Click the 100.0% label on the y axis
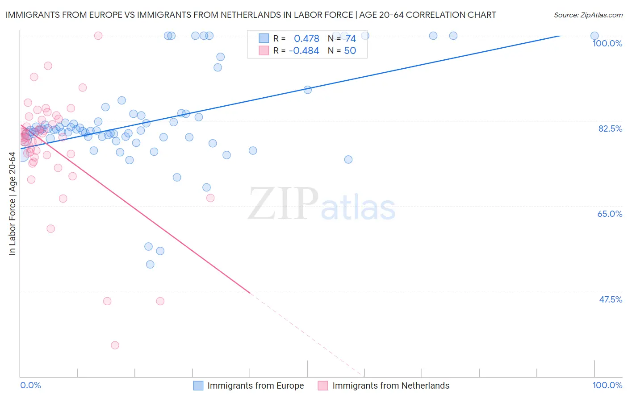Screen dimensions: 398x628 pyautogui.click(x=607, y=43)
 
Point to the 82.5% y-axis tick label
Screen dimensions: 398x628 pyautogui.click(x=610, y=129)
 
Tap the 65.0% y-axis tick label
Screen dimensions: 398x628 pyautogui.click(x=610, y=214)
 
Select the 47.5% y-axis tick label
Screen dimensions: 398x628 pyautogui.click(x=610, y=299)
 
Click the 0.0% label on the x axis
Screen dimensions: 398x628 pyautogui.click(x=30, y=385)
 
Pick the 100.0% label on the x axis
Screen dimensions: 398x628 pyautogui.click(x=607, y=385)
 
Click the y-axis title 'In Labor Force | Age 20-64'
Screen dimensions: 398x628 pyautogui.click(x=12, y=203)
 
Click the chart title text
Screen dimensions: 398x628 pyautogui.click(x=251, y=15)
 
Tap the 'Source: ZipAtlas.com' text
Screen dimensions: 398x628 pyautogui.click(x=588, y=15)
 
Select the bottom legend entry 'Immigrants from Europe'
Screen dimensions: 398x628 pyautogui.click(x=255, y=386)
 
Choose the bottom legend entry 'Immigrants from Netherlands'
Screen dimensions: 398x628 pyautogui.click(x=391, y=386)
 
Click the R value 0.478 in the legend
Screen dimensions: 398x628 pyautogui.click(x=306, y=39)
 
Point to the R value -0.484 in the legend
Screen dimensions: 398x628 pyautogui.click(x=304, y=51)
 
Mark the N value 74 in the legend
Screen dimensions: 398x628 pyautogui.click(x=350, y=39)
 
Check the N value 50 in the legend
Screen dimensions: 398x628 pyautogui.click(x=350, y=51)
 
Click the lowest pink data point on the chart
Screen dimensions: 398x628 pyautogui.click(x=115, y=345)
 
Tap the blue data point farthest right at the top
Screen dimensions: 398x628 pyautogui.click(x=595, y=36)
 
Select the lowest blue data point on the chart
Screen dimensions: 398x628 pyautogui.click(x=150, y=265)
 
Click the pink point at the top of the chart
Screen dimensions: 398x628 pyautogui.click(x=98, y=36)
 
